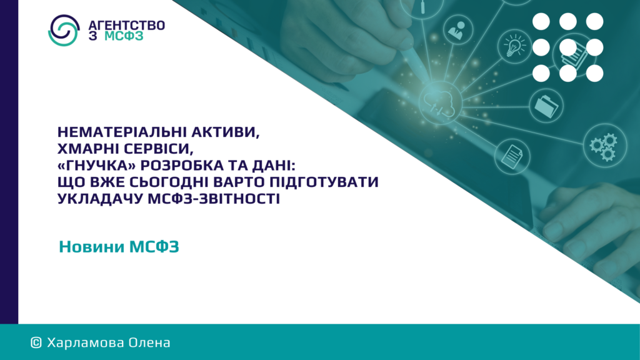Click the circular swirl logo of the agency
[x=64, y=30]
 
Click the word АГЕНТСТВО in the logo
[x=126, y=25]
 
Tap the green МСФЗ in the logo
[x=124, y=36]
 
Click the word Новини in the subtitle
[x=91, y=246]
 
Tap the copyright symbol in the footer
[x=36, y=342]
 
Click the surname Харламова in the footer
[x=85, y=342]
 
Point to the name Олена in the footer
[x=149, y=342]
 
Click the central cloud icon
[x=440, y=103]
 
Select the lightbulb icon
[x=515, y=46]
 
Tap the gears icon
[x=604, y=145]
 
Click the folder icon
[x=546, y=106]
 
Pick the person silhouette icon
[x=457, y=30]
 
